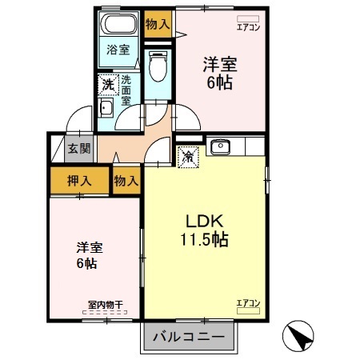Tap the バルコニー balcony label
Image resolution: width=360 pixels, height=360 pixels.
190,337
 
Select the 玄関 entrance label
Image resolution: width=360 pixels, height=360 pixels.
78,148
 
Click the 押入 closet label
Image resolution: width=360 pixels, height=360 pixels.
78,180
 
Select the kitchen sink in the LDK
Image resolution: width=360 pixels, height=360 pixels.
219,146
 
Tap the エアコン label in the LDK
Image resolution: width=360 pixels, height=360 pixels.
248,302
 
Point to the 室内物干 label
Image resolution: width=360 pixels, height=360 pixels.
105,305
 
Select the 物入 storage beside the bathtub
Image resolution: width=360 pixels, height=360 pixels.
158,23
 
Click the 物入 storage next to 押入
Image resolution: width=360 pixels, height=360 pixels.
126,181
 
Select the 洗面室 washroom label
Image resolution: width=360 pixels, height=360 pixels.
126,90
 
